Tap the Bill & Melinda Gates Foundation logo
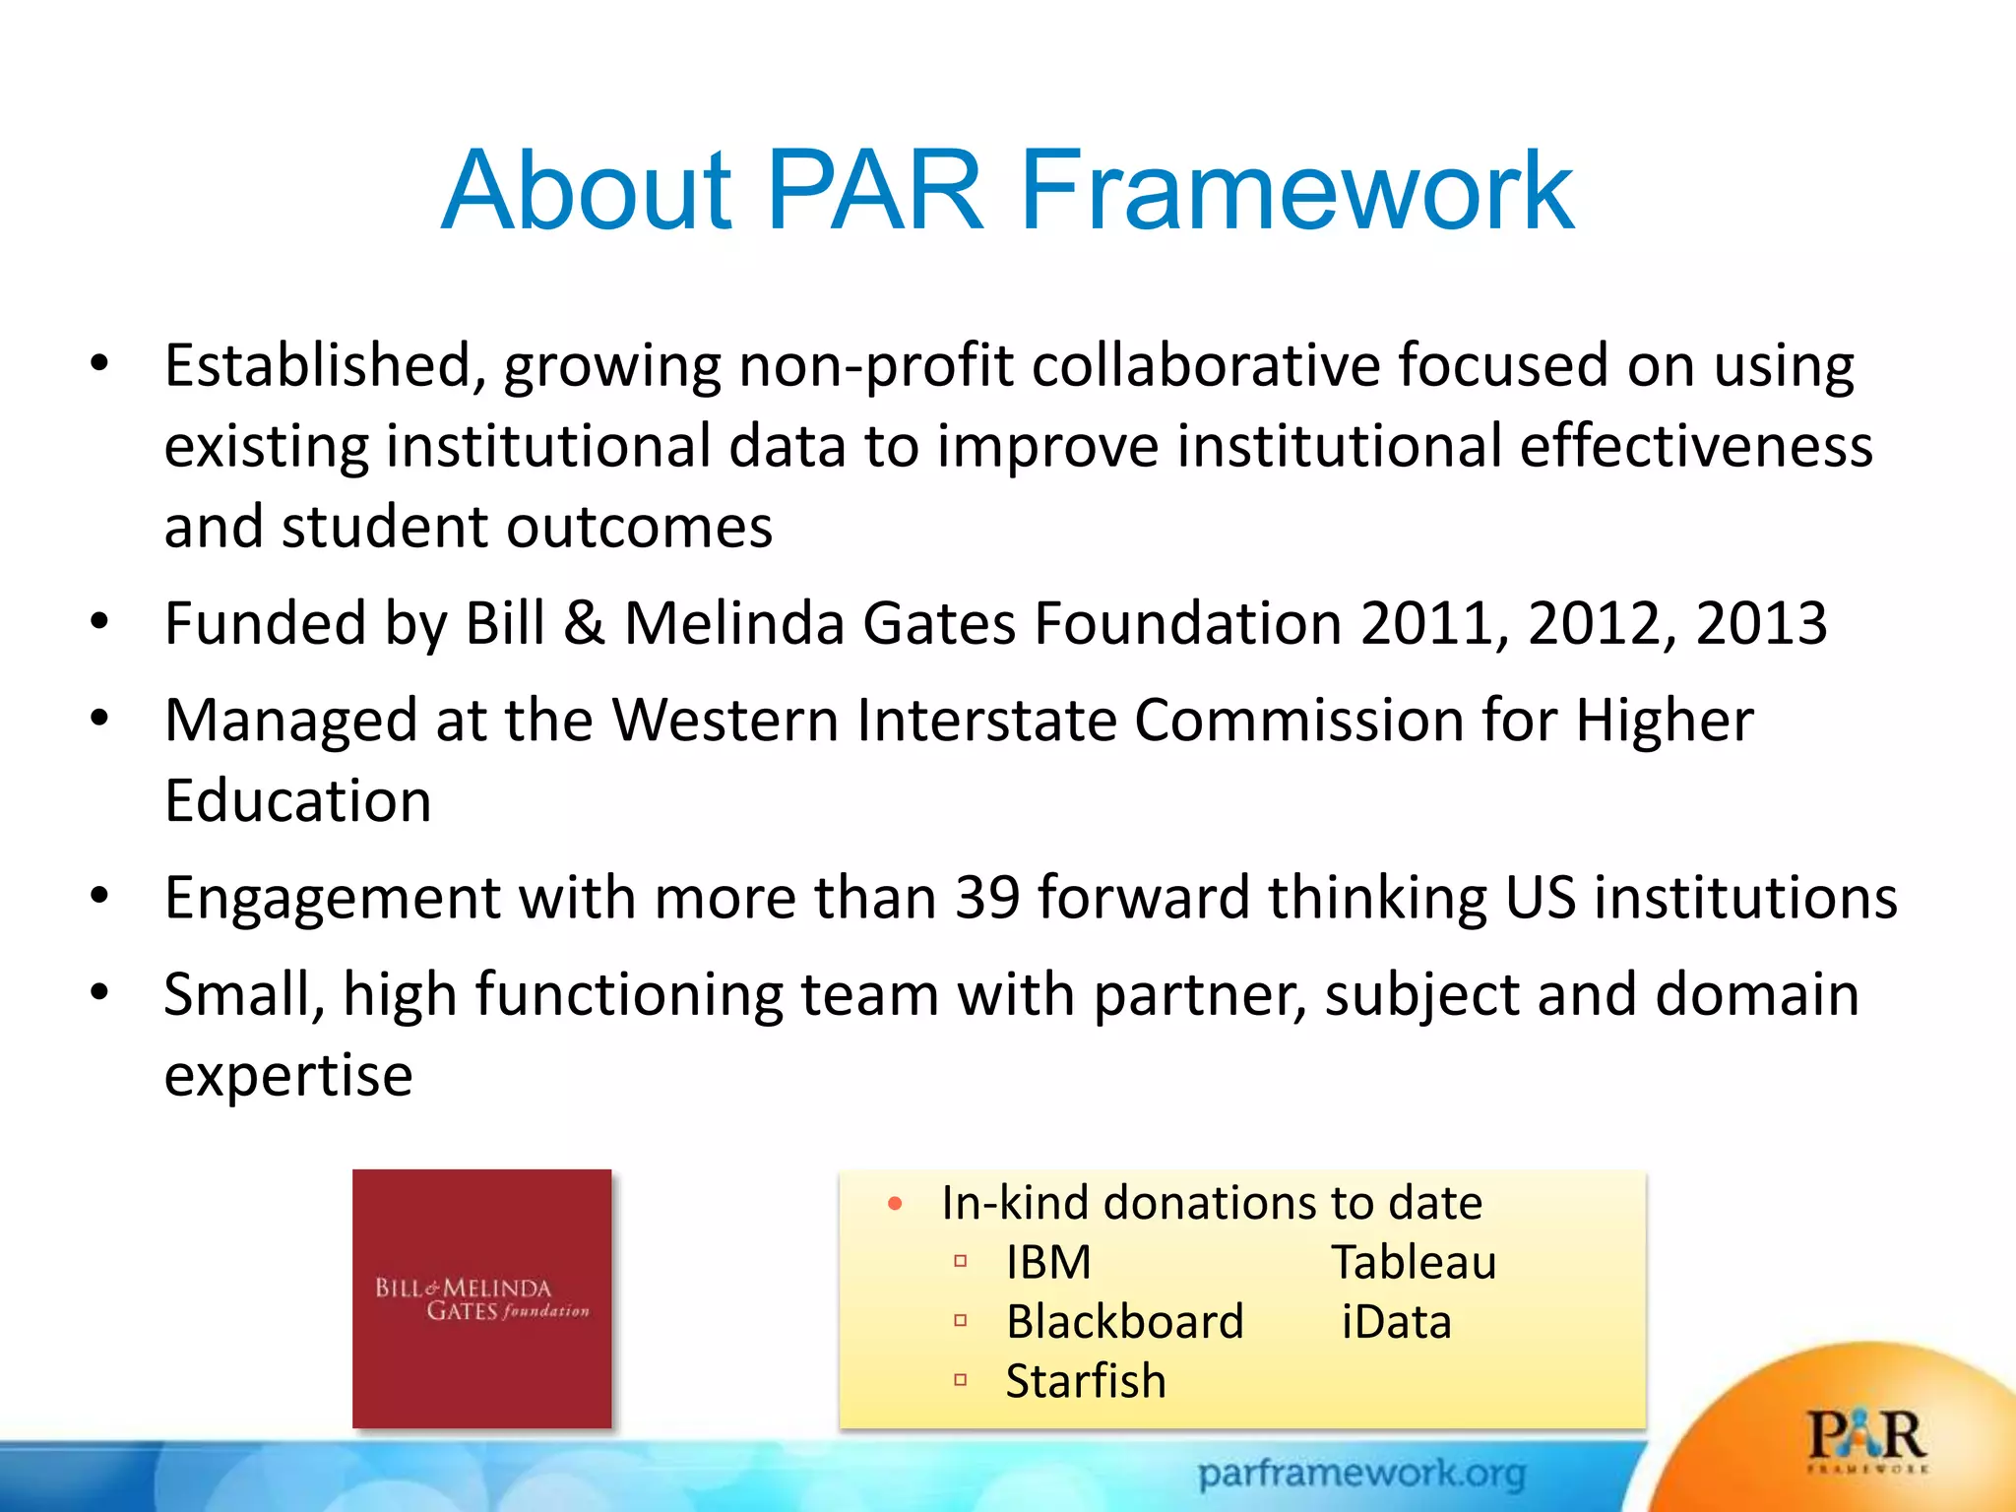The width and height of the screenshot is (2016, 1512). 481,1298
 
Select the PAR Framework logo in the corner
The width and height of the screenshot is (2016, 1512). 1865,1440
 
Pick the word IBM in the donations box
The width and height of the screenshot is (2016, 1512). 1048,1263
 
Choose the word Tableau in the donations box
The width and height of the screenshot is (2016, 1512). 1414,1263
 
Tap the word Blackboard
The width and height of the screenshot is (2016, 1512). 1124,1322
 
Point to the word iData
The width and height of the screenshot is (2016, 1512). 1396,1322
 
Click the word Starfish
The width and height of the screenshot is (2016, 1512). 1086,1381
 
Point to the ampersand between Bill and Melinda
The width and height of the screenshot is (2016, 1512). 584,624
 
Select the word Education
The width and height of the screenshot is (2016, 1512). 297,801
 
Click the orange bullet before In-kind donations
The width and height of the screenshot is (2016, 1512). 895,1204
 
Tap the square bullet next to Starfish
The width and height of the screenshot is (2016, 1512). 961,1380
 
